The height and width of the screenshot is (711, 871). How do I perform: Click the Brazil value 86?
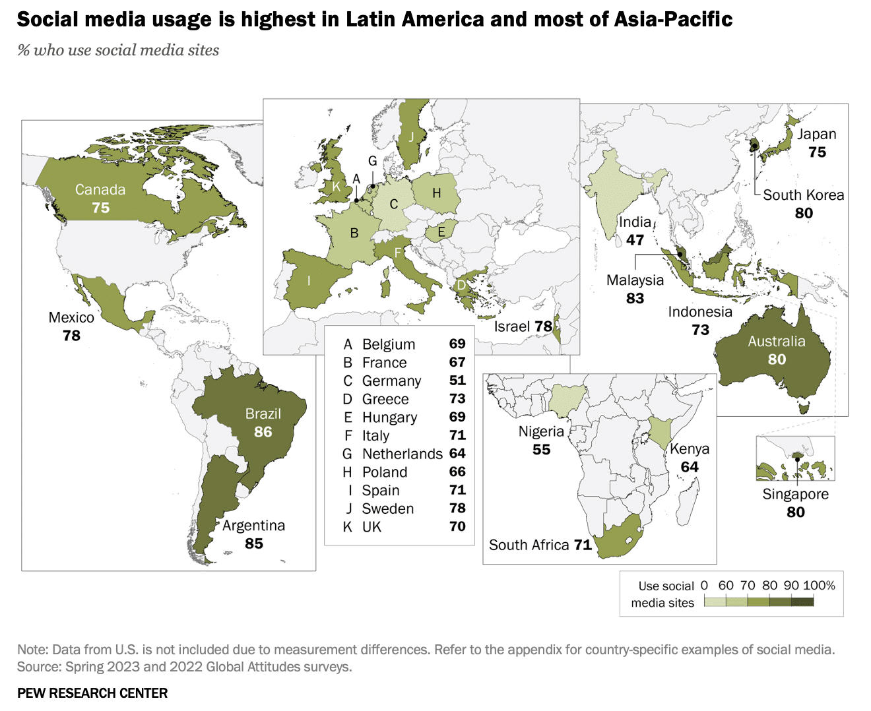(263, 432)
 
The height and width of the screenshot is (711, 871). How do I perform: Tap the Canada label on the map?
(100, 190)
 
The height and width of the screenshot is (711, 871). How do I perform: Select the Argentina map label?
(253, 526)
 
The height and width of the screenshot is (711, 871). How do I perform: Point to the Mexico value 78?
(71, 336)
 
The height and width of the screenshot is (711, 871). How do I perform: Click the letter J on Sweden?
(412, 137)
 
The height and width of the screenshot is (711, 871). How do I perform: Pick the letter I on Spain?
(308, 281)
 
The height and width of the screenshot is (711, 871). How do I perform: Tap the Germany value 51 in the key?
(457, 381)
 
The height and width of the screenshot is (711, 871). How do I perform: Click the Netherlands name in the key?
(402, 454)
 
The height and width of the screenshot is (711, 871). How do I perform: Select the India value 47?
(635, 240)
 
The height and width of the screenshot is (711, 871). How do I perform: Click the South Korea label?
(803, 195)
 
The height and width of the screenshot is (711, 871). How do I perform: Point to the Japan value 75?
(817, 152)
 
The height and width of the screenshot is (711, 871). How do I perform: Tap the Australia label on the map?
(777, 342)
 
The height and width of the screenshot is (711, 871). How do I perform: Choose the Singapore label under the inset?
(795, 494)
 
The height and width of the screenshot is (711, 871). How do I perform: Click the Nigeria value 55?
(541, 450)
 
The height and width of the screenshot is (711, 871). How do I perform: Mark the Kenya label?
(690, 449)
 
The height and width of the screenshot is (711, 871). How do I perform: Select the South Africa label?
(529, 545)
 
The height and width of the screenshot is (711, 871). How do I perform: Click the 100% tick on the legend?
(820, 586)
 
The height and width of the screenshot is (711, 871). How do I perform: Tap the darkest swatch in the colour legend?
(802, 602)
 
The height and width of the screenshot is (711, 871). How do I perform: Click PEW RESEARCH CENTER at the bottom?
(92, 693)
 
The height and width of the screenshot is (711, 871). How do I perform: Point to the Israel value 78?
(543, 326)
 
